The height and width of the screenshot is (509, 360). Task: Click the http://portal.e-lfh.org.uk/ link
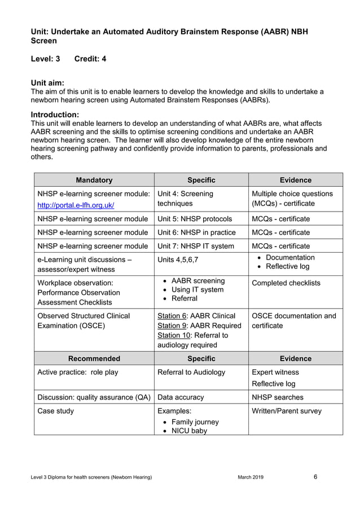tap(76, 205)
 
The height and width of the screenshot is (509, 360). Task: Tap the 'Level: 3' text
tap(45, 59)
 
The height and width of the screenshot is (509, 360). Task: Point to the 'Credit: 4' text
tap(90, 59)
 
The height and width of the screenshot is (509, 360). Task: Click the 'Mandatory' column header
tap(94, 180)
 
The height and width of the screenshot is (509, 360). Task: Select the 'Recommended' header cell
tap(94, 358)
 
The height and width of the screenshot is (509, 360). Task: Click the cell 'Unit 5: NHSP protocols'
tap(194, 219)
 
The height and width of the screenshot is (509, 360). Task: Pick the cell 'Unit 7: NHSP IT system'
tap(195, 246)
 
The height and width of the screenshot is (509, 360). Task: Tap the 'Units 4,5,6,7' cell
tap(178, 260)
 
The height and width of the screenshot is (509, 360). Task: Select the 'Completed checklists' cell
tap(286, 283)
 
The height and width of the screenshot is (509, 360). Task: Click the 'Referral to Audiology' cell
tap(191, 372)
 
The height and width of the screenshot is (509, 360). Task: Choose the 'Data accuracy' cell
tap(181, 397)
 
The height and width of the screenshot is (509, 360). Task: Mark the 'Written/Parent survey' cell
tap(286, 411)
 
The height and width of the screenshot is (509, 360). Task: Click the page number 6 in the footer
tap(315, 477)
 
